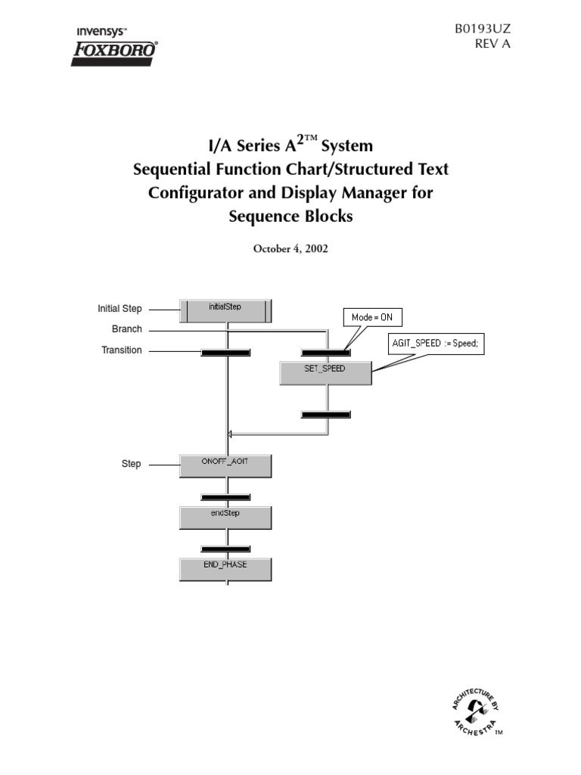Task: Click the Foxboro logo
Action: pyautogui.click(x=114, y=51)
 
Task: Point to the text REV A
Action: pyautogui.click(x=493, y=44)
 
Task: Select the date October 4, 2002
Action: pyautogui.click(x=290, y=248)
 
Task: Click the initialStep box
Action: pyautogui.click(x=225, y=310)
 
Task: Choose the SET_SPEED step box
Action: pyautogui.click(x=325, y=372)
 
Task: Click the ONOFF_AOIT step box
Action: pyautogui.click(x=225, y=465)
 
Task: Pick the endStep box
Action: pyautogui.click(x=225, y=517)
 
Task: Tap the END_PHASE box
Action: pyautogui.click(x=225, y=568)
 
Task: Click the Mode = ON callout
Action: pyautogui.click(x=372, y=318)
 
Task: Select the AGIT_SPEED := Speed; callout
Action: pyautogui.click(x=435, y=344)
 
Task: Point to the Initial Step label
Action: pyautogui.click(x=120, y=309)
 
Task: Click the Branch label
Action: pyautogui.click(x=126, y=330)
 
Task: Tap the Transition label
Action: pyautogui.click(x=121, y=350)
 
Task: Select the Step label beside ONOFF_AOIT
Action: pyautogui.click(x=131, y=463)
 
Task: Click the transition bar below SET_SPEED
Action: pyautogui.click(x=325, y=414)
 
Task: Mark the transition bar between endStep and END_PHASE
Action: pyautogui.click(x=225, y=548)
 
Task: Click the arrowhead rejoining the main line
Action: pyautogui.click(x=229, y=434)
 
